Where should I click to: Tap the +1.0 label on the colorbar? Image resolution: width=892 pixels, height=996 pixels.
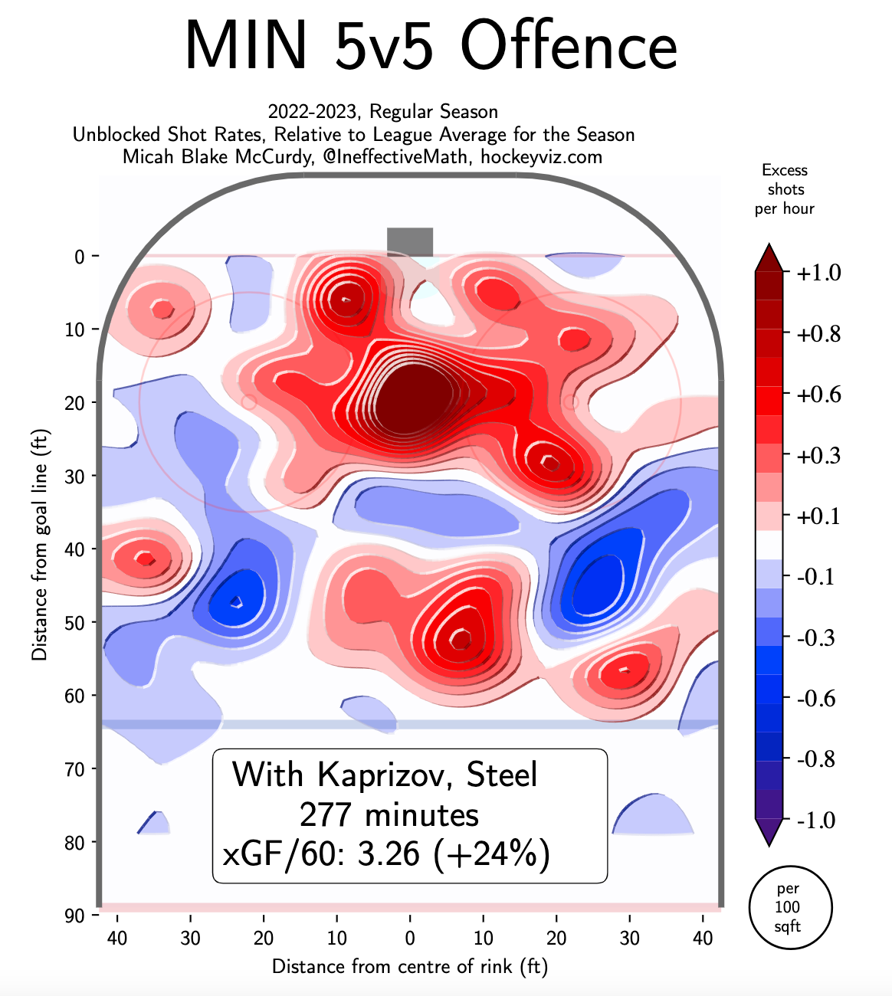pyautogui.click(x=819, y=273)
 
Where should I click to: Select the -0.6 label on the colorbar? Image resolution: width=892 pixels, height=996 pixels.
pyautogui.click(x=817, y=698)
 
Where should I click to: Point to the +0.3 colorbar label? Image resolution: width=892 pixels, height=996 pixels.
pyautogui.click(x=819, y=455)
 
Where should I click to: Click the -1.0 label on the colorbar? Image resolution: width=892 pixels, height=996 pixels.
pyautogui.click(x=817, y=820)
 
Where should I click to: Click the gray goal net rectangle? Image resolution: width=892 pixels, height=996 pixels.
pyautogui.click(x=410, y=241)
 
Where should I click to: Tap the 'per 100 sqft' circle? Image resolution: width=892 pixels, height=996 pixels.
pyautogui.click(x=789, y=907)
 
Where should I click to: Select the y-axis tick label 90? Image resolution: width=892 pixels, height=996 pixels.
pyautogui.click(x=75, y=916)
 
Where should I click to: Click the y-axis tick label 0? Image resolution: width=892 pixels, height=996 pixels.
pyautogui.click(x=80, y=257)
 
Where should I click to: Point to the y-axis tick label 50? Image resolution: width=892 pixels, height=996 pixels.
pyautogui.click(x=75, y=622)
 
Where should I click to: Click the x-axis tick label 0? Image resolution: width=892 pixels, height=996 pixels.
pyautogui.click(x=410, y=938)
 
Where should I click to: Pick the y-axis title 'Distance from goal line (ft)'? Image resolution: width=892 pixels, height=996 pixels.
pyautogui.click(x=39, y=544)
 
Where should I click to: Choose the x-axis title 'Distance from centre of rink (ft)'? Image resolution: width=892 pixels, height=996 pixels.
pyautogui.click(x=410, y=966)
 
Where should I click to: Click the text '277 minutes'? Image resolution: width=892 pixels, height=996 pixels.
pyautogui.click(x=389, y=814)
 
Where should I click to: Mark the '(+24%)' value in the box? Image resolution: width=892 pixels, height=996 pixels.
pyautogui.click(x=492, y=853)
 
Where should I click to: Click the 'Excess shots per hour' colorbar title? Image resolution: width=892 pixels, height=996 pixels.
pyautogui.click(x=785, y=189)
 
